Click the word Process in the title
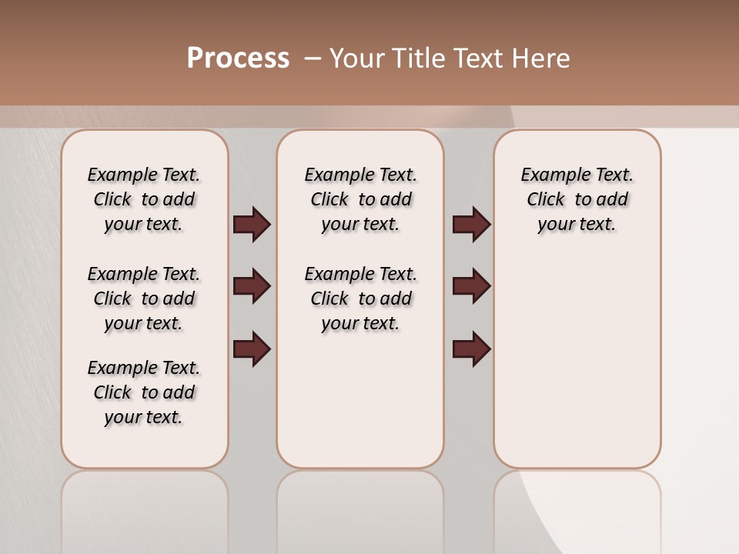238,58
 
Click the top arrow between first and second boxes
252,225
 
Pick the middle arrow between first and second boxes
252,286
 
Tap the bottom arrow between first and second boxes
252,349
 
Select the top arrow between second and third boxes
471,225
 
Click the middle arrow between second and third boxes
471,286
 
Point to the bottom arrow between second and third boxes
471,349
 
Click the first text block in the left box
144,199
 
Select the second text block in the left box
144,299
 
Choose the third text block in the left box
144,392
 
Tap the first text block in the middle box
361,199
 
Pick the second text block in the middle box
361,299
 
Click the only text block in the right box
577,199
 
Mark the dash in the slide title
313,58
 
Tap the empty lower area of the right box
577,369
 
